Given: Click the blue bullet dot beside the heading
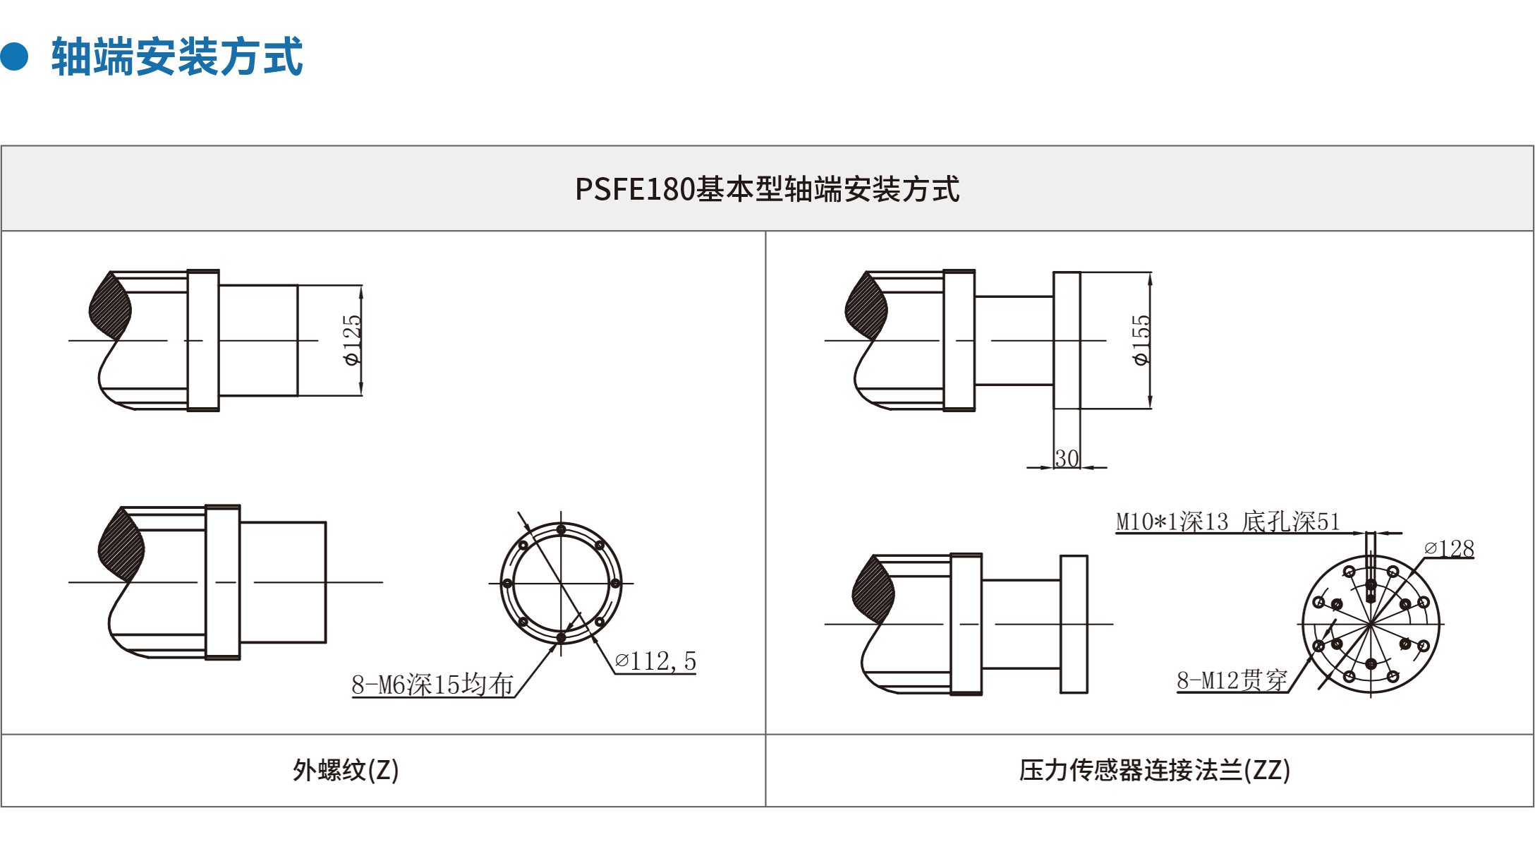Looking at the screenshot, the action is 14,56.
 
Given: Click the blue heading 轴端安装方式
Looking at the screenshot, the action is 177,56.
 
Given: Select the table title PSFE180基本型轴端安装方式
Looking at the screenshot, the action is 767,189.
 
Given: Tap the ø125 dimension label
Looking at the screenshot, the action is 351,340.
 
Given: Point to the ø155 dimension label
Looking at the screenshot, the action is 1140,340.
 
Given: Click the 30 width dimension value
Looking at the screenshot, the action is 1067,458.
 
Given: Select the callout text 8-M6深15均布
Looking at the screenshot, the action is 432,684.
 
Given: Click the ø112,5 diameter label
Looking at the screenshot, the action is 655,661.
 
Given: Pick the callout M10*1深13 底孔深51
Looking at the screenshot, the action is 1227,522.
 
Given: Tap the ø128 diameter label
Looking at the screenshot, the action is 1449,548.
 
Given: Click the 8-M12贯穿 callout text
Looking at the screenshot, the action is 1232,680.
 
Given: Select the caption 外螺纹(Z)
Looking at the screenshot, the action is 346,770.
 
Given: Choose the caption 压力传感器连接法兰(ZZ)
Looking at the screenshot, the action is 1155,770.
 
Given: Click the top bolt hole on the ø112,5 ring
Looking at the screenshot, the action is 561,529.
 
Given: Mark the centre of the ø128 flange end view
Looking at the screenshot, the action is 1370,624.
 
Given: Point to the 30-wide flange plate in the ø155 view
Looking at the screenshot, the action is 1067,340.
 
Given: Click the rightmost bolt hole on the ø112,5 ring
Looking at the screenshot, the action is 615,583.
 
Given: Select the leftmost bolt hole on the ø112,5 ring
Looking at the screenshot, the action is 507,583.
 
